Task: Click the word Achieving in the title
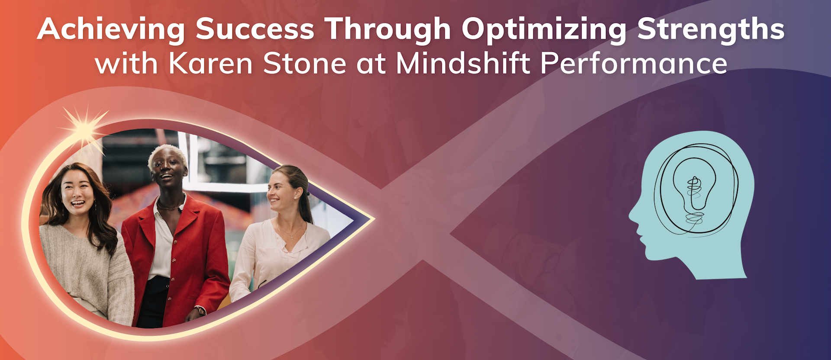[x=111, y=29]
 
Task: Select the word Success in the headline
[x=254, y=29]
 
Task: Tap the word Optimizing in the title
[x=544, y=29]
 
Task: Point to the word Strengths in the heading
[x=711, y=29]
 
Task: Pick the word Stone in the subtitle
[x=305, y=64]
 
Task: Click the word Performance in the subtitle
[x=634, y=64]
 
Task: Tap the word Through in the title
[x=388, y=29]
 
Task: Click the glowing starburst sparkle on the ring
[x=85, y=128]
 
